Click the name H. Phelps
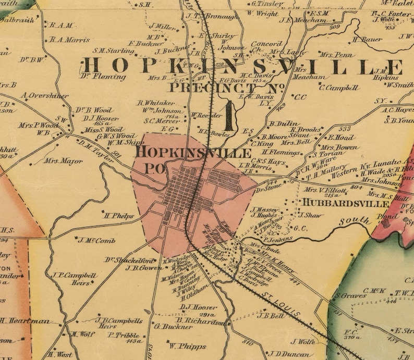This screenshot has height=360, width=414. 119,215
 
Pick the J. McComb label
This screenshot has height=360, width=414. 96,240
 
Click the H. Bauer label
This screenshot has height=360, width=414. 368,40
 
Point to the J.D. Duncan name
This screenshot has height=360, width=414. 288,353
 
